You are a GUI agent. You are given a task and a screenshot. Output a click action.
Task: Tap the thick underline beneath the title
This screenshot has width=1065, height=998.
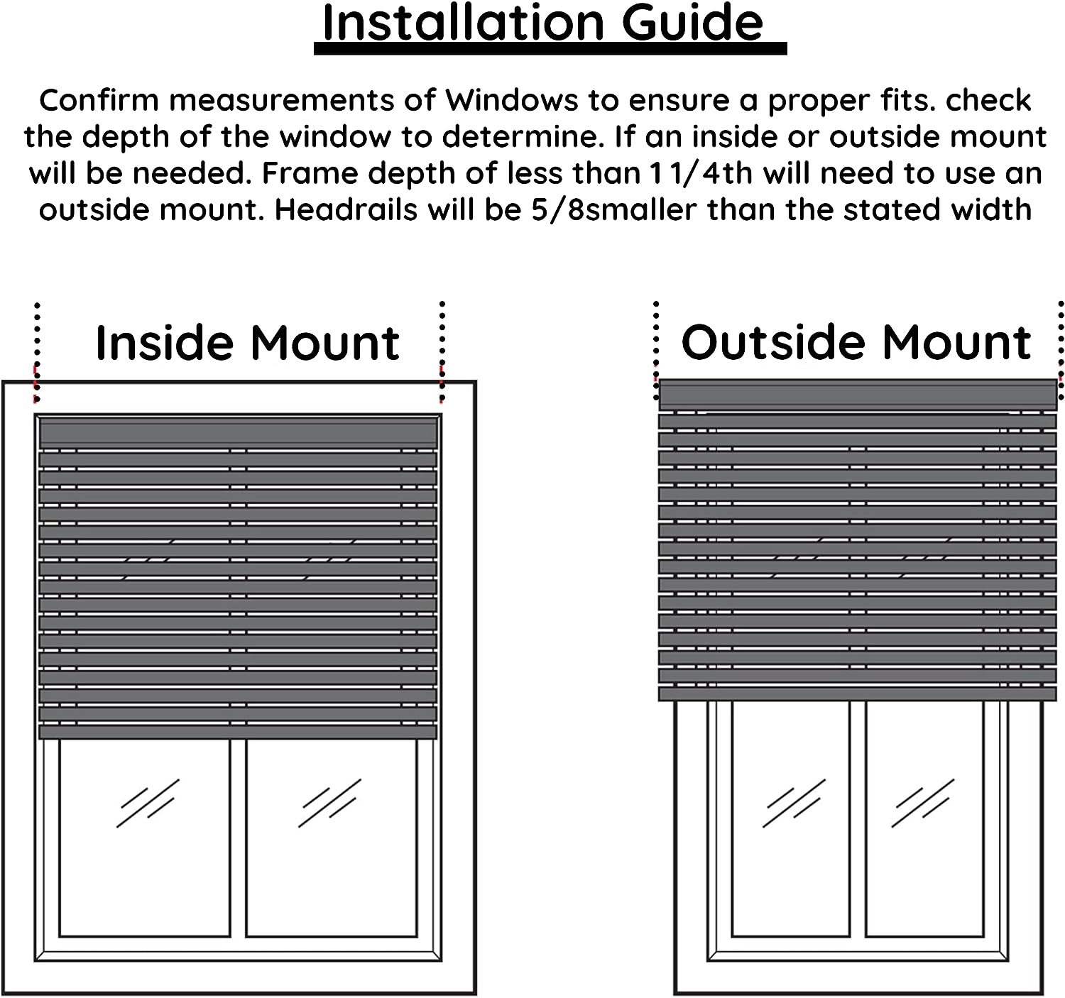tap(550, 49)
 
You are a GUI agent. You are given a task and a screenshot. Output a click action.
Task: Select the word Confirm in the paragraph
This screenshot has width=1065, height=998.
tap(98, 101)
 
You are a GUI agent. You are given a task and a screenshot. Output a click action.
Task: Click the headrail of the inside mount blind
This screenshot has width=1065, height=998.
tap(238, 432)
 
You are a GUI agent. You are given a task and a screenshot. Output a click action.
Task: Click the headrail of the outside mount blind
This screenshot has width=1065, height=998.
tap(858, 394)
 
